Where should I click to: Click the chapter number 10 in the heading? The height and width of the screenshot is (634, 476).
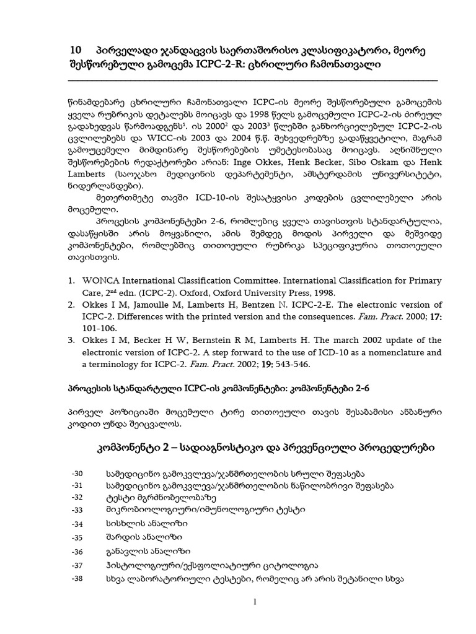click(x=76, y=50)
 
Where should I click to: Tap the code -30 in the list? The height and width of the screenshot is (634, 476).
click(x=77, y=474)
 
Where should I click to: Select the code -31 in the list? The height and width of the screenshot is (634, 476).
click(x=77, y=485)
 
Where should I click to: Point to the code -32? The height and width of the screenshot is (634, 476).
click(x=77, y=497)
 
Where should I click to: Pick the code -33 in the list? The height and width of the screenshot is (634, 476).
click(x=77, y=510)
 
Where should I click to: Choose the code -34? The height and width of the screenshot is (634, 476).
click(x=77, y=524)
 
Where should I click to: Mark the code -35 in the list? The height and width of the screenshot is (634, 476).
click(x=77, y=538)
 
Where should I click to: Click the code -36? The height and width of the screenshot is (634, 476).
click(x=77, y=552)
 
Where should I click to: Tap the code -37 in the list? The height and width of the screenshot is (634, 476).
click(x=77, y=565)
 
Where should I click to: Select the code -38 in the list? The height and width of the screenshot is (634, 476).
click(x=77, y=579)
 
